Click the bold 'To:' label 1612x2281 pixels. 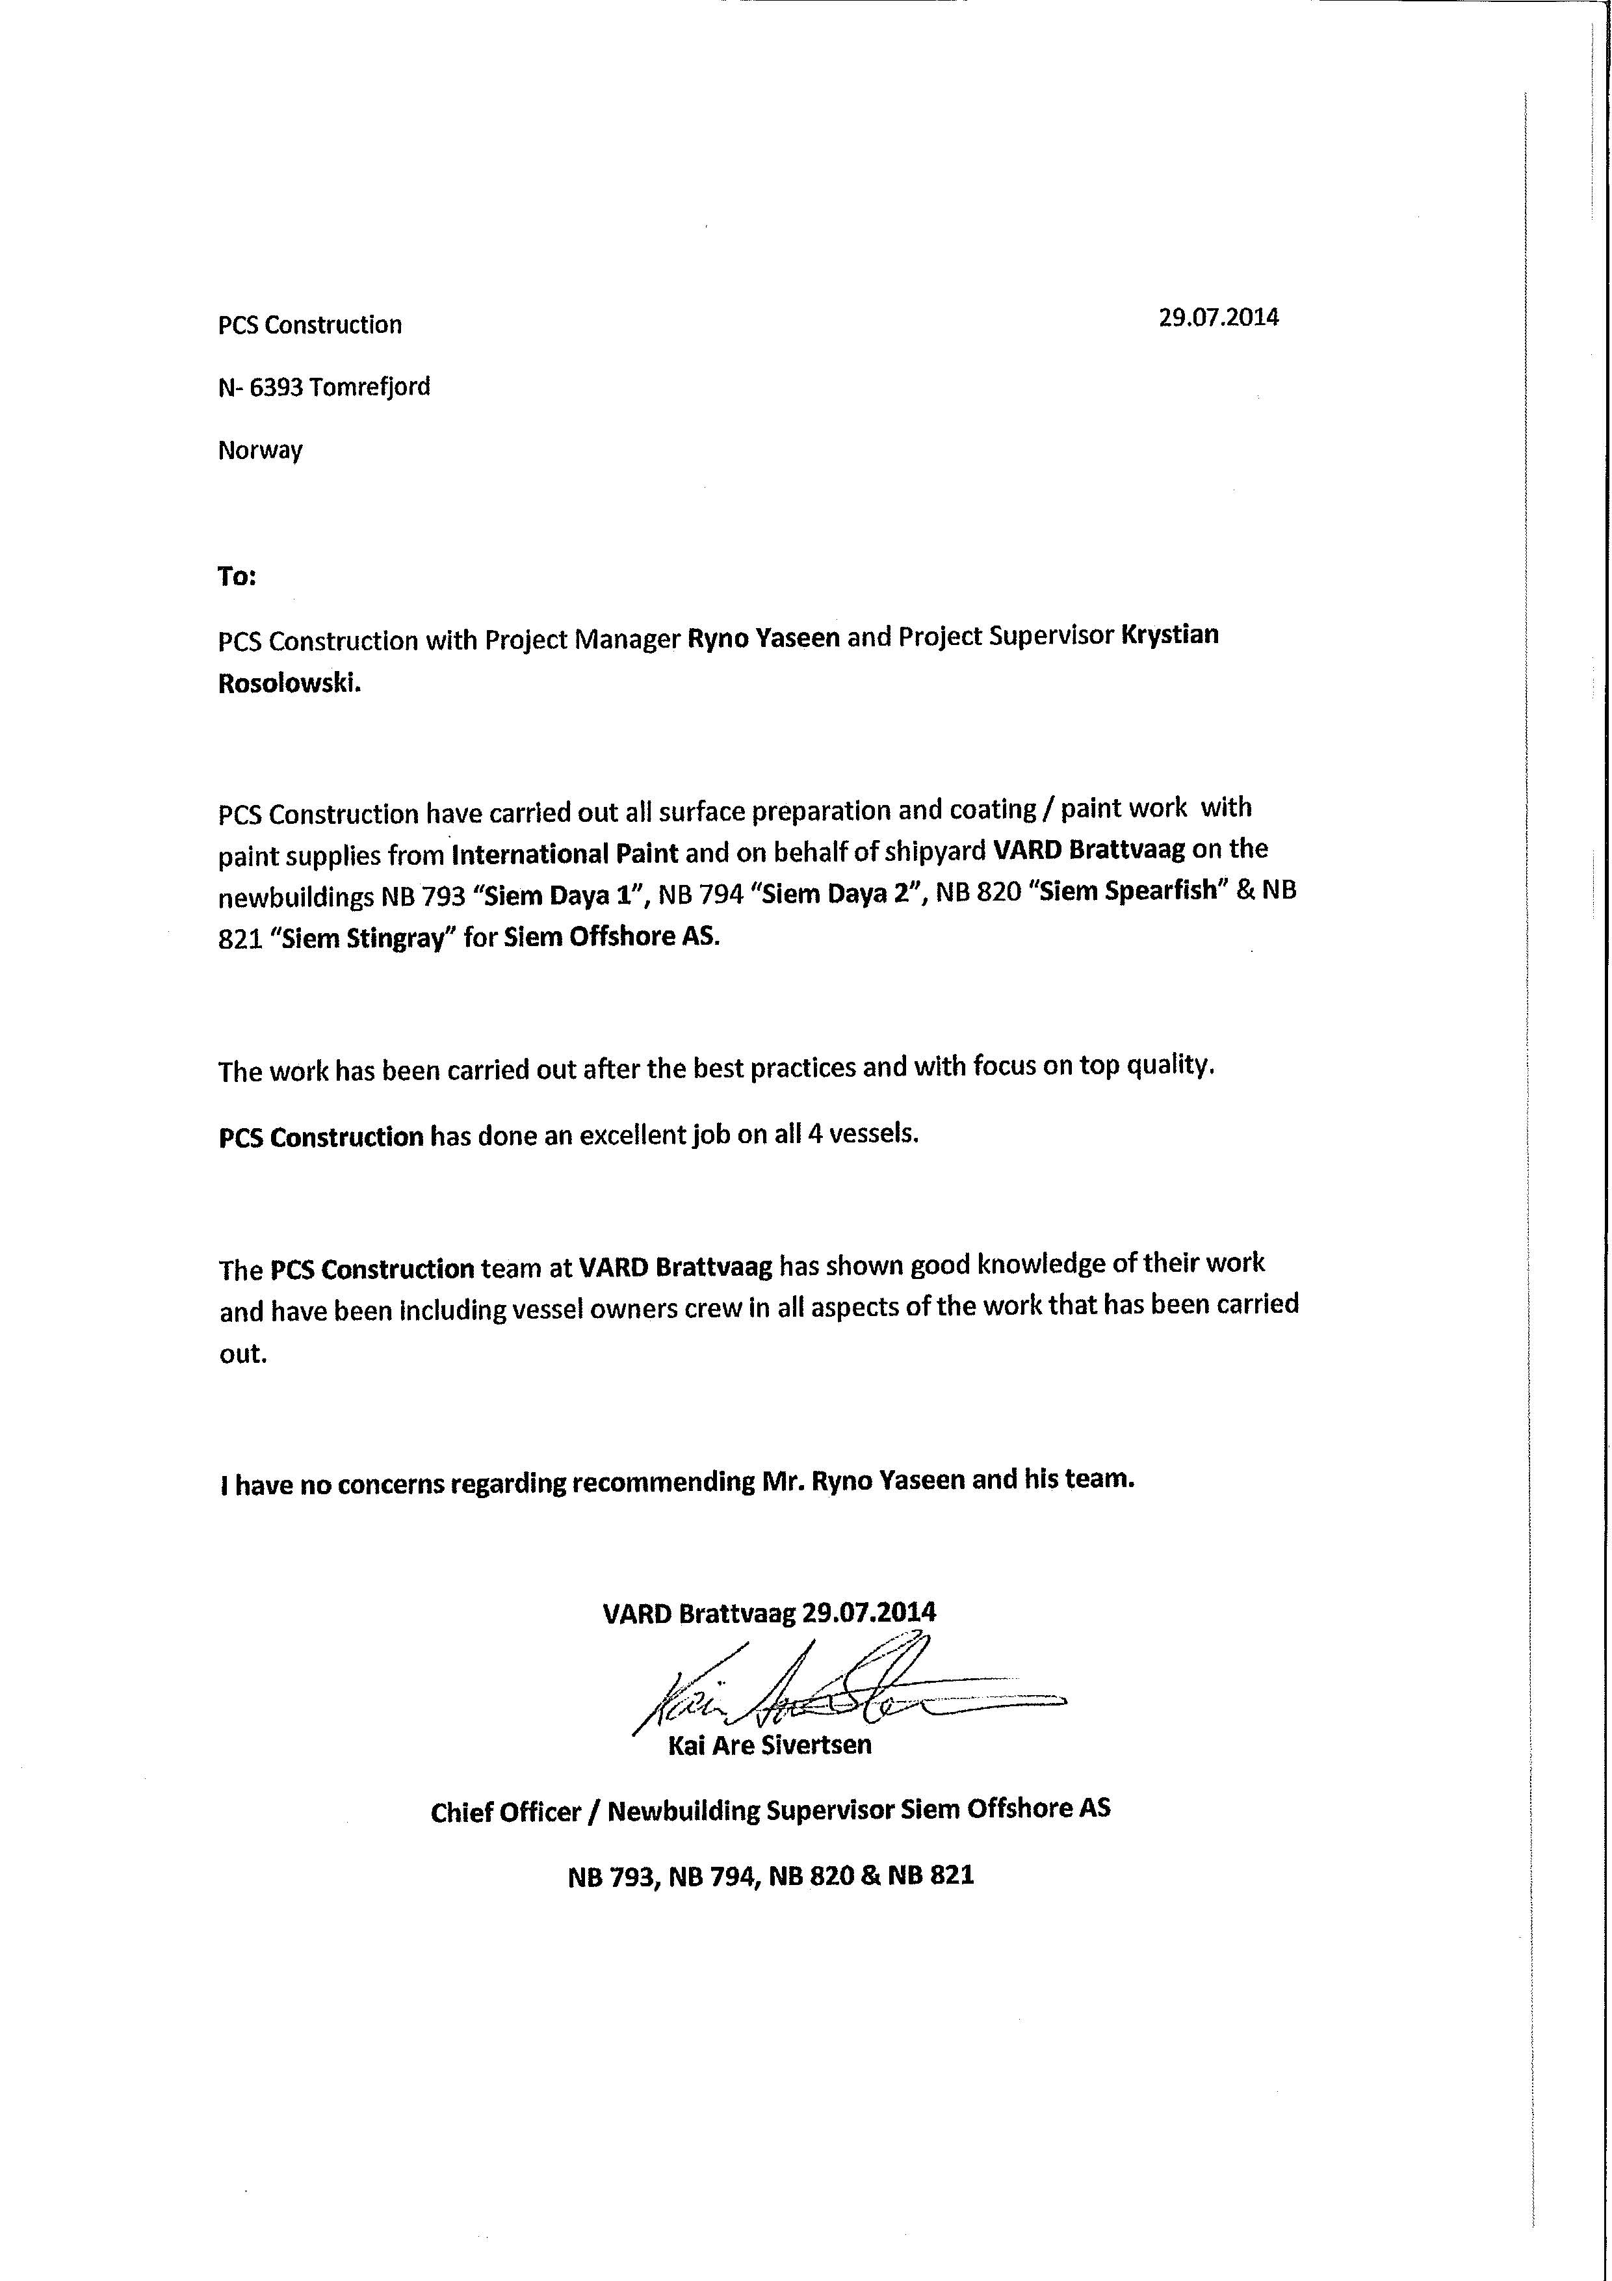(x=237, y=576)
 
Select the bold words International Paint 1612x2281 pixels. (x=565, y=853)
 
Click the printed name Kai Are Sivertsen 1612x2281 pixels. (x=770, y=1745)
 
